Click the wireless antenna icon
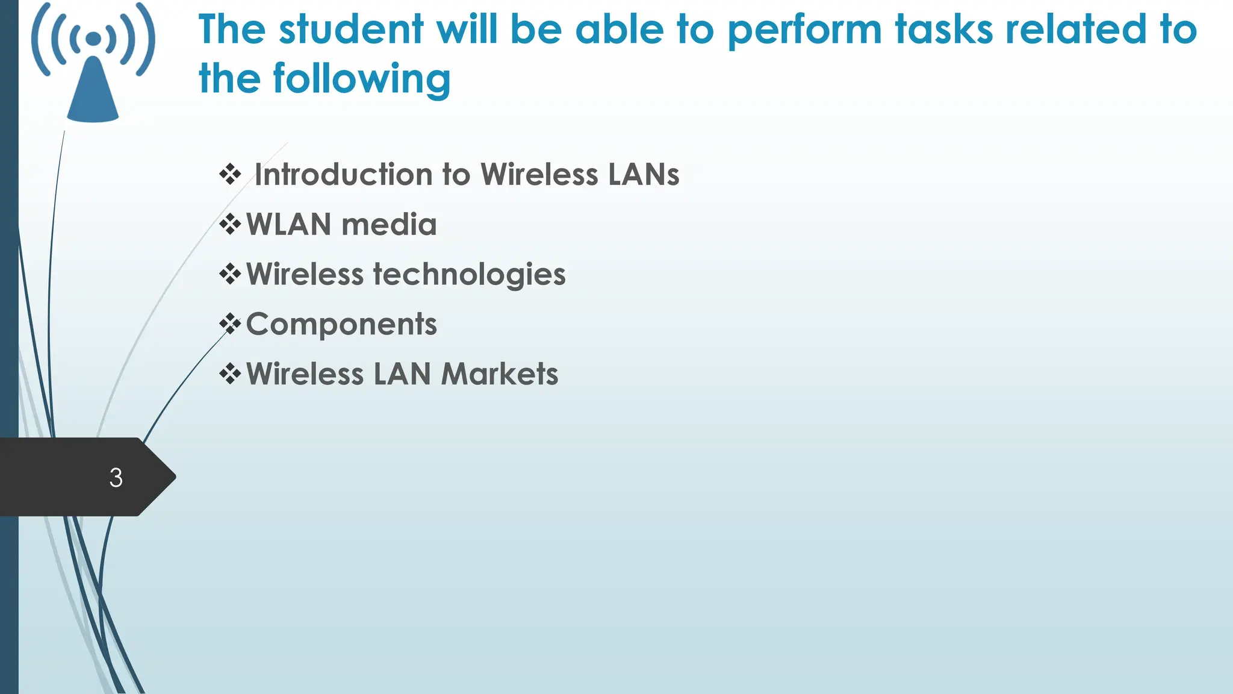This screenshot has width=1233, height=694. click(93, 63)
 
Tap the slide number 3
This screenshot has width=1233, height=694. click(116, 478)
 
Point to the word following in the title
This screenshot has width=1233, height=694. click(361, 80)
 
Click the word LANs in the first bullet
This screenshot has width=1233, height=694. click(644, 175)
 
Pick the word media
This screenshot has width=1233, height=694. click(389, 225)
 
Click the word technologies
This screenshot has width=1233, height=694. click(470, 275)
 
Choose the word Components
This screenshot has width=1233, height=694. click(341, 325)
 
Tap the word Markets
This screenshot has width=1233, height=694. click(500, 374)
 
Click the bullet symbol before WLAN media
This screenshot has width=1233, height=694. click(230, 225)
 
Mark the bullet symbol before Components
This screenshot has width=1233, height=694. click(230, 324)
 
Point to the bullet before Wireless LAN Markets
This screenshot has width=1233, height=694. click(230, 374)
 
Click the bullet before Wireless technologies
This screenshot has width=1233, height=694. click(230, 275)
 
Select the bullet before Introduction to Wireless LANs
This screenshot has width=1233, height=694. click(230, 175)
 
